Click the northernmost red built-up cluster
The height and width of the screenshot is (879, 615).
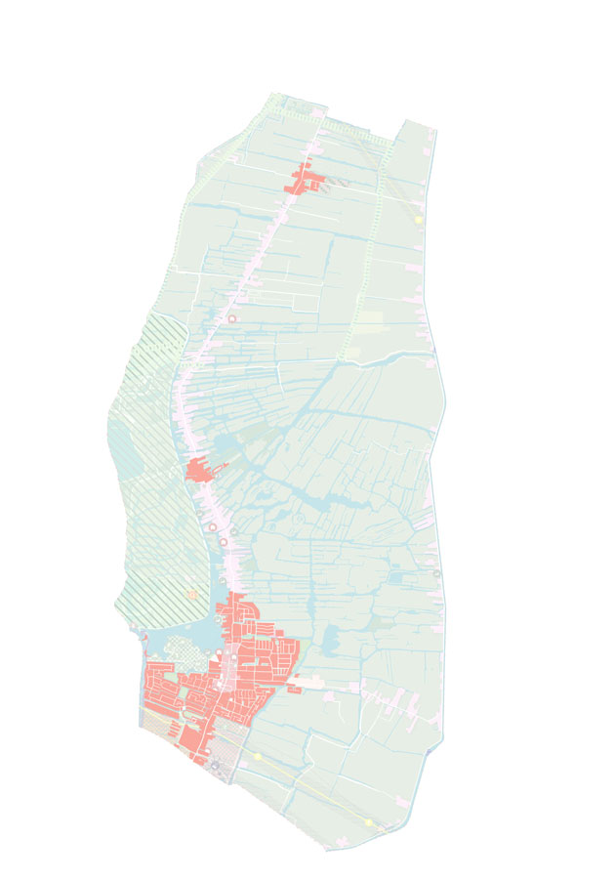click(304, 182)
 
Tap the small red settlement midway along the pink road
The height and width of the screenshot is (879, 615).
click(198, 471)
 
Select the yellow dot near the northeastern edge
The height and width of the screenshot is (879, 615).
click(419, 221)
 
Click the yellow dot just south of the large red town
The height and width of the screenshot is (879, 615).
click(258, 756)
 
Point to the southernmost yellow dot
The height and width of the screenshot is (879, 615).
click(370, 823)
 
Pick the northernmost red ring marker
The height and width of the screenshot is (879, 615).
click(232, 318)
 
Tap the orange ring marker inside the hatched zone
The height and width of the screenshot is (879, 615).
click(192, 594)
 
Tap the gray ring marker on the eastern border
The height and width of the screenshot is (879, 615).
click(437, 572)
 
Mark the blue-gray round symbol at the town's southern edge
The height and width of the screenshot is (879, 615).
click(215, 766)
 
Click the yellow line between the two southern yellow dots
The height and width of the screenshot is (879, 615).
click(312, 788)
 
